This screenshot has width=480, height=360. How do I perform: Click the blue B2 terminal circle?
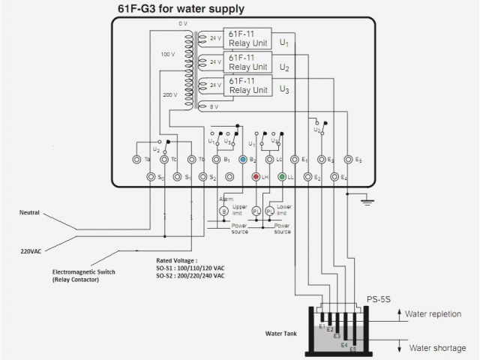[x=242, y=160]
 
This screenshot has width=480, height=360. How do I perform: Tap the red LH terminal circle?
[x=256, y=177]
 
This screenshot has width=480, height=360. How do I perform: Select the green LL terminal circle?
[x=281, y=177]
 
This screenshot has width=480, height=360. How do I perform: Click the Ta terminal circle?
[x=136, y=160]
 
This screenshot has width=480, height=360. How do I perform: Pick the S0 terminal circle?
[x=152, y=177]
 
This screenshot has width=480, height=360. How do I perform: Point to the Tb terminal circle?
[x=192, y=160]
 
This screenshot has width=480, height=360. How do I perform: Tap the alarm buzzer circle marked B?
[x=223, y=211]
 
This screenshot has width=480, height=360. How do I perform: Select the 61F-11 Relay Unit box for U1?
[x=248, y=38]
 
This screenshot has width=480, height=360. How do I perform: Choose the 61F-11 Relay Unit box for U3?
[x=248, y=85]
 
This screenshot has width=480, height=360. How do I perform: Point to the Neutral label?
[x=29, y=213]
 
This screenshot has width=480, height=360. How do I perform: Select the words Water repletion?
[x=437, y=313]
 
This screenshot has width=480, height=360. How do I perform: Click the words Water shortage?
[x=437, y=347]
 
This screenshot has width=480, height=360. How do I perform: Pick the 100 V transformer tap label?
[x=167, y=55]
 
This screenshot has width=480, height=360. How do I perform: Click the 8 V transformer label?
[x=214, y=107]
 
